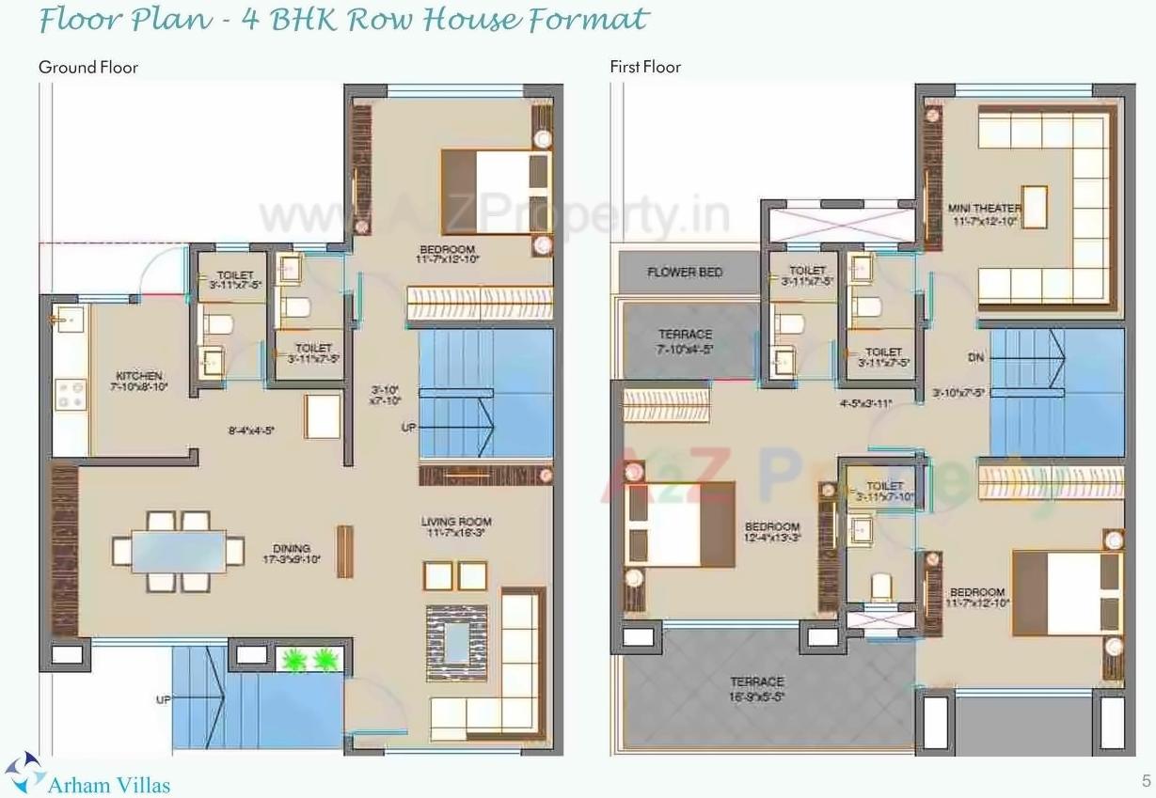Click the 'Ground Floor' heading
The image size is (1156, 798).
click(87, 67)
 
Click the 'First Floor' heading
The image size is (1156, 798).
click(644, 67)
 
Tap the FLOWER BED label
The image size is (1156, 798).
click(685, 273)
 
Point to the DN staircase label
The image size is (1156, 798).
click(975, 358)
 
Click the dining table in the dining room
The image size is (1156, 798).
click(178, 550)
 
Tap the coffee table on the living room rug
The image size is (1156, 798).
click(458, 642)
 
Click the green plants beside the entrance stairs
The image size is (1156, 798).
click(309, 659)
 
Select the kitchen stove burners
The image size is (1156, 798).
click(71, 394)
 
